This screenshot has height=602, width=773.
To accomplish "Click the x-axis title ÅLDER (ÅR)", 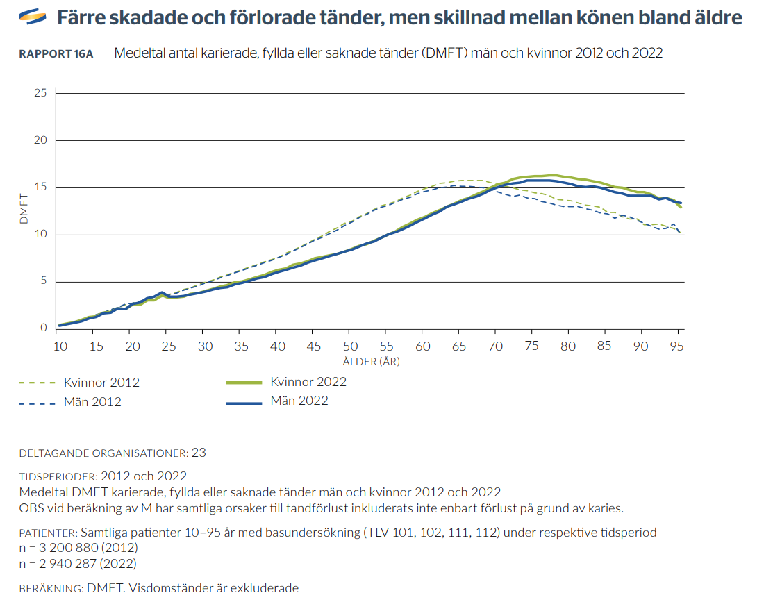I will click(x=371, y=361).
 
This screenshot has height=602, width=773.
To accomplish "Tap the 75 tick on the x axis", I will click(x=531, y=345).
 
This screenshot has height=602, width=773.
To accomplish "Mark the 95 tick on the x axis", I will click(x=678, y=345).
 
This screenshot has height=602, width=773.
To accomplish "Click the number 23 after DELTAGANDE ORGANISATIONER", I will click(x=199, y=453).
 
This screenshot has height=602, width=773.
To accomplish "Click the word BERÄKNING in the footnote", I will click(x=50, y=588).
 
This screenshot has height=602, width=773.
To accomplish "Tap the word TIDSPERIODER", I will click(x=58, y=477).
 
